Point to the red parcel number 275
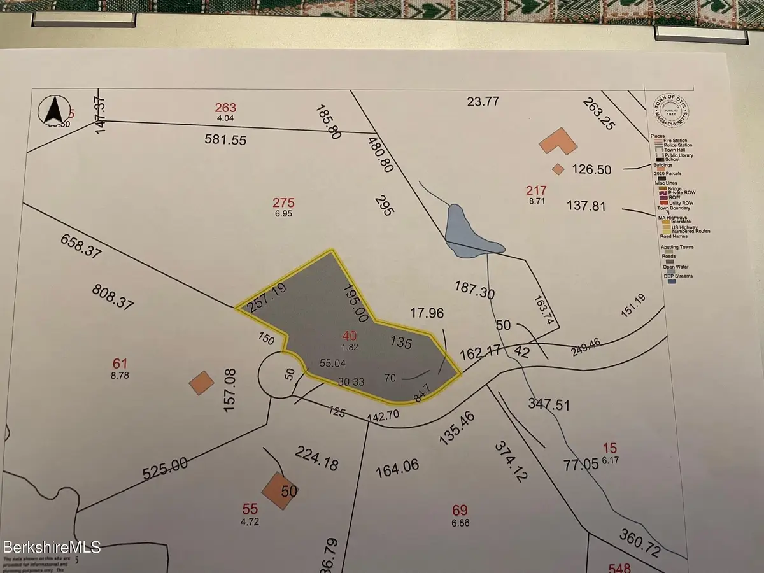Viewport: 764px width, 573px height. click(x=283, y=203)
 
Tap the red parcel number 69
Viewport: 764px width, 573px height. click(x=460, y=510)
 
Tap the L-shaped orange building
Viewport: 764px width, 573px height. click(x=558, y=143)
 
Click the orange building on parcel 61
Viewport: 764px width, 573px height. click(x=202, y=383)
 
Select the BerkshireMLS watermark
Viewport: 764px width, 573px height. click(x=50, y=546)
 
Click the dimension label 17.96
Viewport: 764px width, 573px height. click(x=427, y=313)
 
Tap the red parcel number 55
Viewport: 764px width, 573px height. click(x=250, y=509)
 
